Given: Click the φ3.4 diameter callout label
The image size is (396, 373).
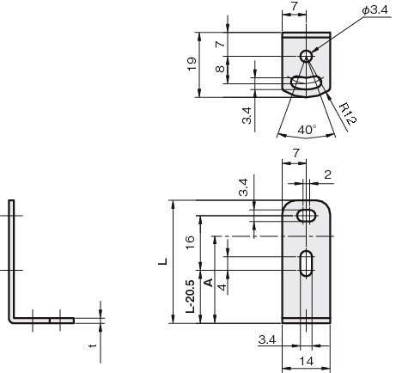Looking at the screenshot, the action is (375, 10).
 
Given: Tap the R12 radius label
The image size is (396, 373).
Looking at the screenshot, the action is (348, 114).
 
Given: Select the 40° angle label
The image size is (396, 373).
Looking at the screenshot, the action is (307, 130).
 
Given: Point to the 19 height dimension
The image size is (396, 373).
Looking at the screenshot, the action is (192, 64).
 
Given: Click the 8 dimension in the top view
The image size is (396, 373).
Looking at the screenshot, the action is (220, 69).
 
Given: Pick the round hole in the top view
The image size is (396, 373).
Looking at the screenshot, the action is (306, 56).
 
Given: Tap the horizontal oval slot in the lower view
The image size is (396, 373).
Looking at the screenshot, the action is (307, 216).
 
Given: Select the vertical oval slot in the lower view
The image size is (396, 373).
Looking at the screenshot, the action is (307, 264).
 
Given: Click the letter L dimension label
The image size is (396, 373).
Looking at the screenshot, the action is (163, 261).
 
